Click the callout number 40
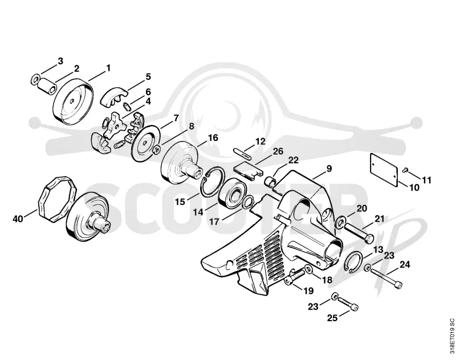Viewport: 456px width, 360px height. click(18, 219)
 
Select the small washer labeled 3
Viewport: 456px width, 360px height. click(36, 79)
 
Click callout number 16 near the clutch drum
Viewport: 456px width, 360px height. click(213, 137)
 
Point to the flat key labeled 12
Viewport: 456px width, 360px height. click(243, 153)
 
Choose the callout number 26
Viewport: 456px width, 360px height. click(278, 151)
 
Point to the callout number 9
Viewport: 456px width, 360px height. click(329, 168)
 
